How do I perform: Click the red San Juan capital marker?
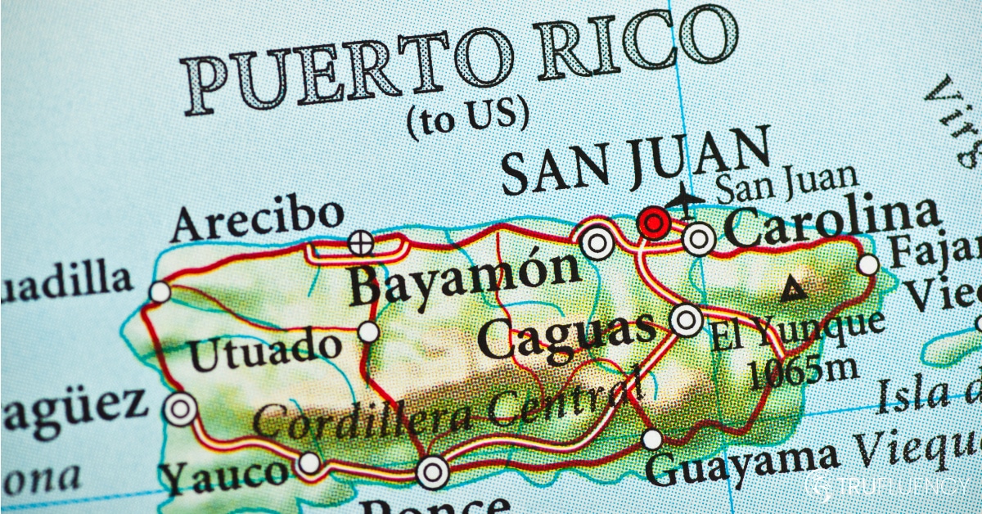[653, 222]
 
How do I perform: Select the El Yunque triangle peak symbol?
[791, 289]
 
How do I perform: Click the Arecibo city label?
[258, 219]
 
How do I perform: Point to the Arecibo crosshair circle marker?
[359, 242]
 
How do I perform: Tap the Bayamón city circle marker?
[597, 243]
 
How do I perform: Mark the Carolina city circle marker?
[699, 239]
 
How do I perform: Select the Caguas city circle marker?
[686, 320]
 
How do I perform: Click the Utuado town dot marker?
[369, 331]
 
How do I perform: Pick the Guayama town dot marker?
[652, 440]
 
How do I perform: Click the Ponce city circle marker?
[432, 471]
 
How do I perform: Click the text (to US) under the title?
[467, 117]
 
